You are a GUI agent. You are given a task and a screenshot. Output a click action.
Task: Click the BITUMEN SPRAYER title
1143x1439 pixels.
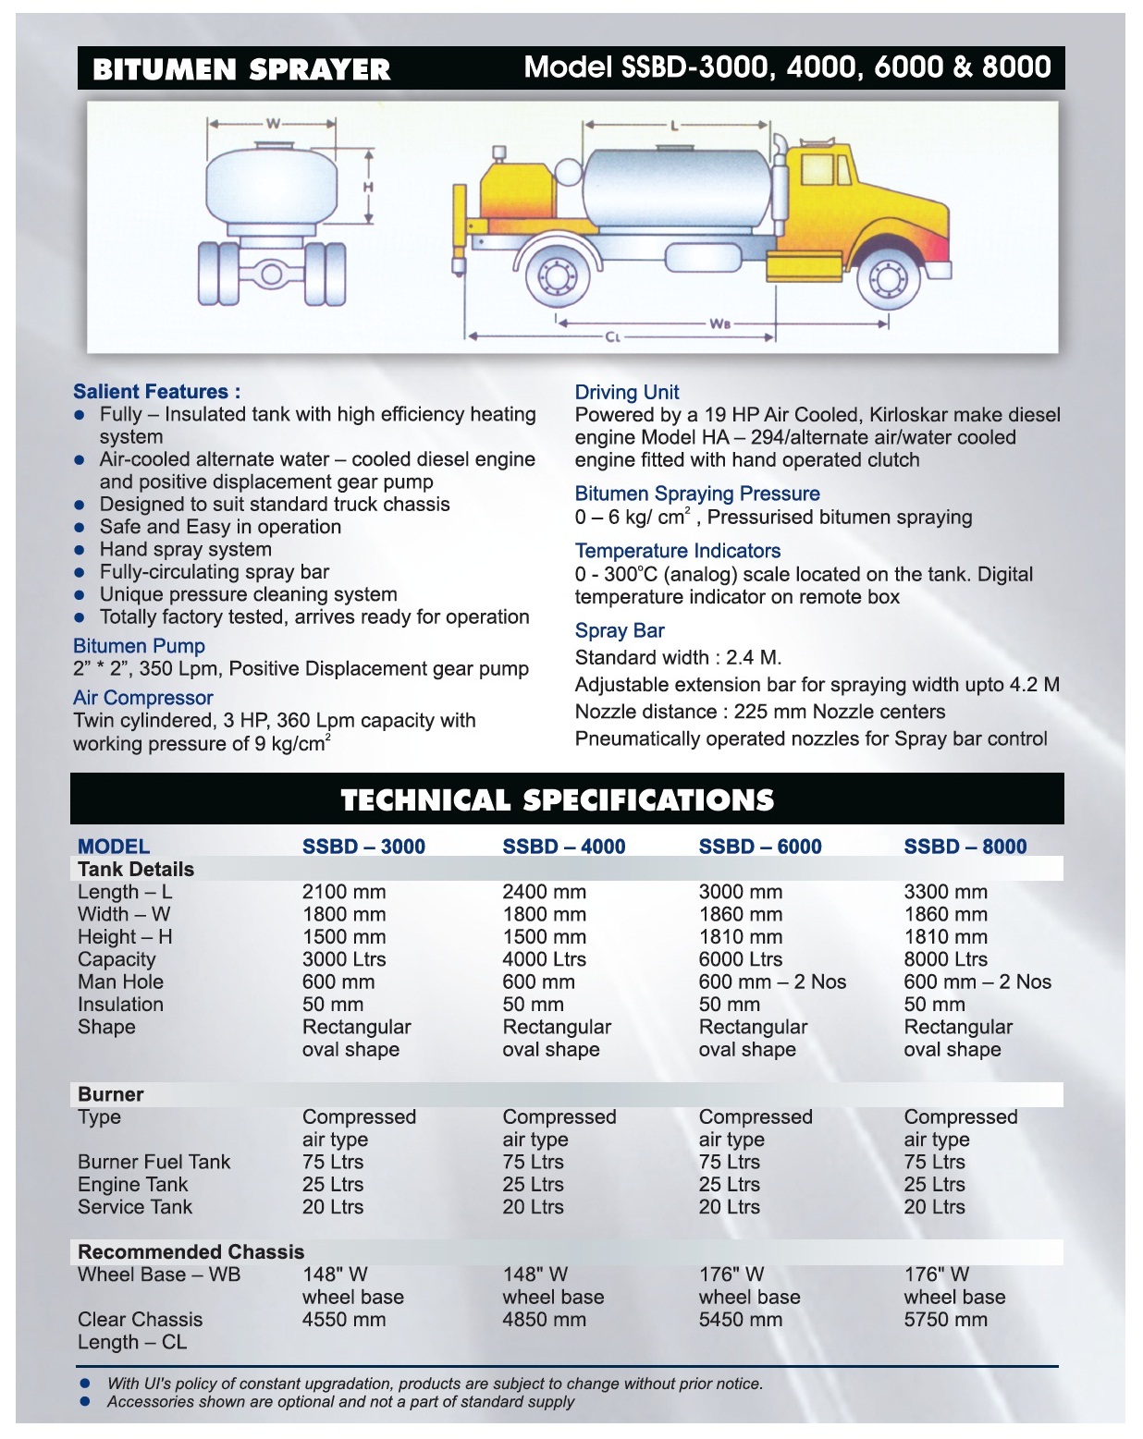241,69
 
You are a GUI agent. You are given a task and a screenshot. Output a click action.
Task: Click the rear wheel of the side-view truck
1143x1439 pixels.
556,276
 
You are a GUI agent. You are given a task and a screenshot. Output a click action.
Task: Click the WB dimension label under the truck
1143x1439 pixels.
720,323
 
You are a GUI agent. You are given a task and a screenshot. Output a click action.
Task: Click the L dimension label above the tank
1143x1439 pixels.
673,126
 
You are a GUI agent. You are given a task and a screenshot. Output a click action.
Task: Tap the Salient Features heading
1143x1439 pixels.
156,392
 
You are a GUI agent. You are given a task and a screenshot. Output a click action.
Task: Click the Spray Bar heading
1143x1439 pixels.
619,631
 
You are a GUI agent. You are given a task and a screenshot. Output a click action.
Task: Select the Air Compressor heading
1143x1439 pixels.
142,698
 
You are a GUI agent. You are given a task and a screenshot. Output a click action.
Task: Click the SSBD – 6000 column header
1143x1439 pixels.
759,847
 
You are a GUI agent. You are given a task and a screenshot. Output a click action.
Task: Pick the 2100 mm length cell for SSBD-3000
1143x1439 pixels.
343,892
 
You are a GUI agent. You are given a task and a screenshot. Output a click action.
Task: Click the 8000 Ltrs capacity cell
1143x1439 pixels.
945,959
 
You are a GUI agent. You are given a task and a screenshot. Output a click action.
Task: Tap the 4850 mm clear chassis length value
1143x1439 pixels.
544,1320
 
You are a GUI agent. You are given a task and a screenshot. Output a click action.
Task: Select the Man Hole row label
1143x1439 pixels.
120,982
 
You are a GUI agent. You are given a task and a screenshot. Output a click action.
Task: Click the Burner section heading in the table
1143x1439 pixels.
110,1094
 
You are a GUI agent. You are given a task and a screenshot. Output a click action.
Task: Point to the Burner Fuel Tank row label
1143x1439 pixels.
154,1162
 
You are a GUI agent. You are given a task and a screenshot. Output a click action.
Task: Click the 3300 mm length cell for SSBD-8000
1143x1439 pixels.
945,892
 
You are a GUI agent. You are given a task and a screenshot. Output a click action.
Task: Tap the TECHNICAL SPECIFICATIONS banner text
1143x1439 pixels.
557,799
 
